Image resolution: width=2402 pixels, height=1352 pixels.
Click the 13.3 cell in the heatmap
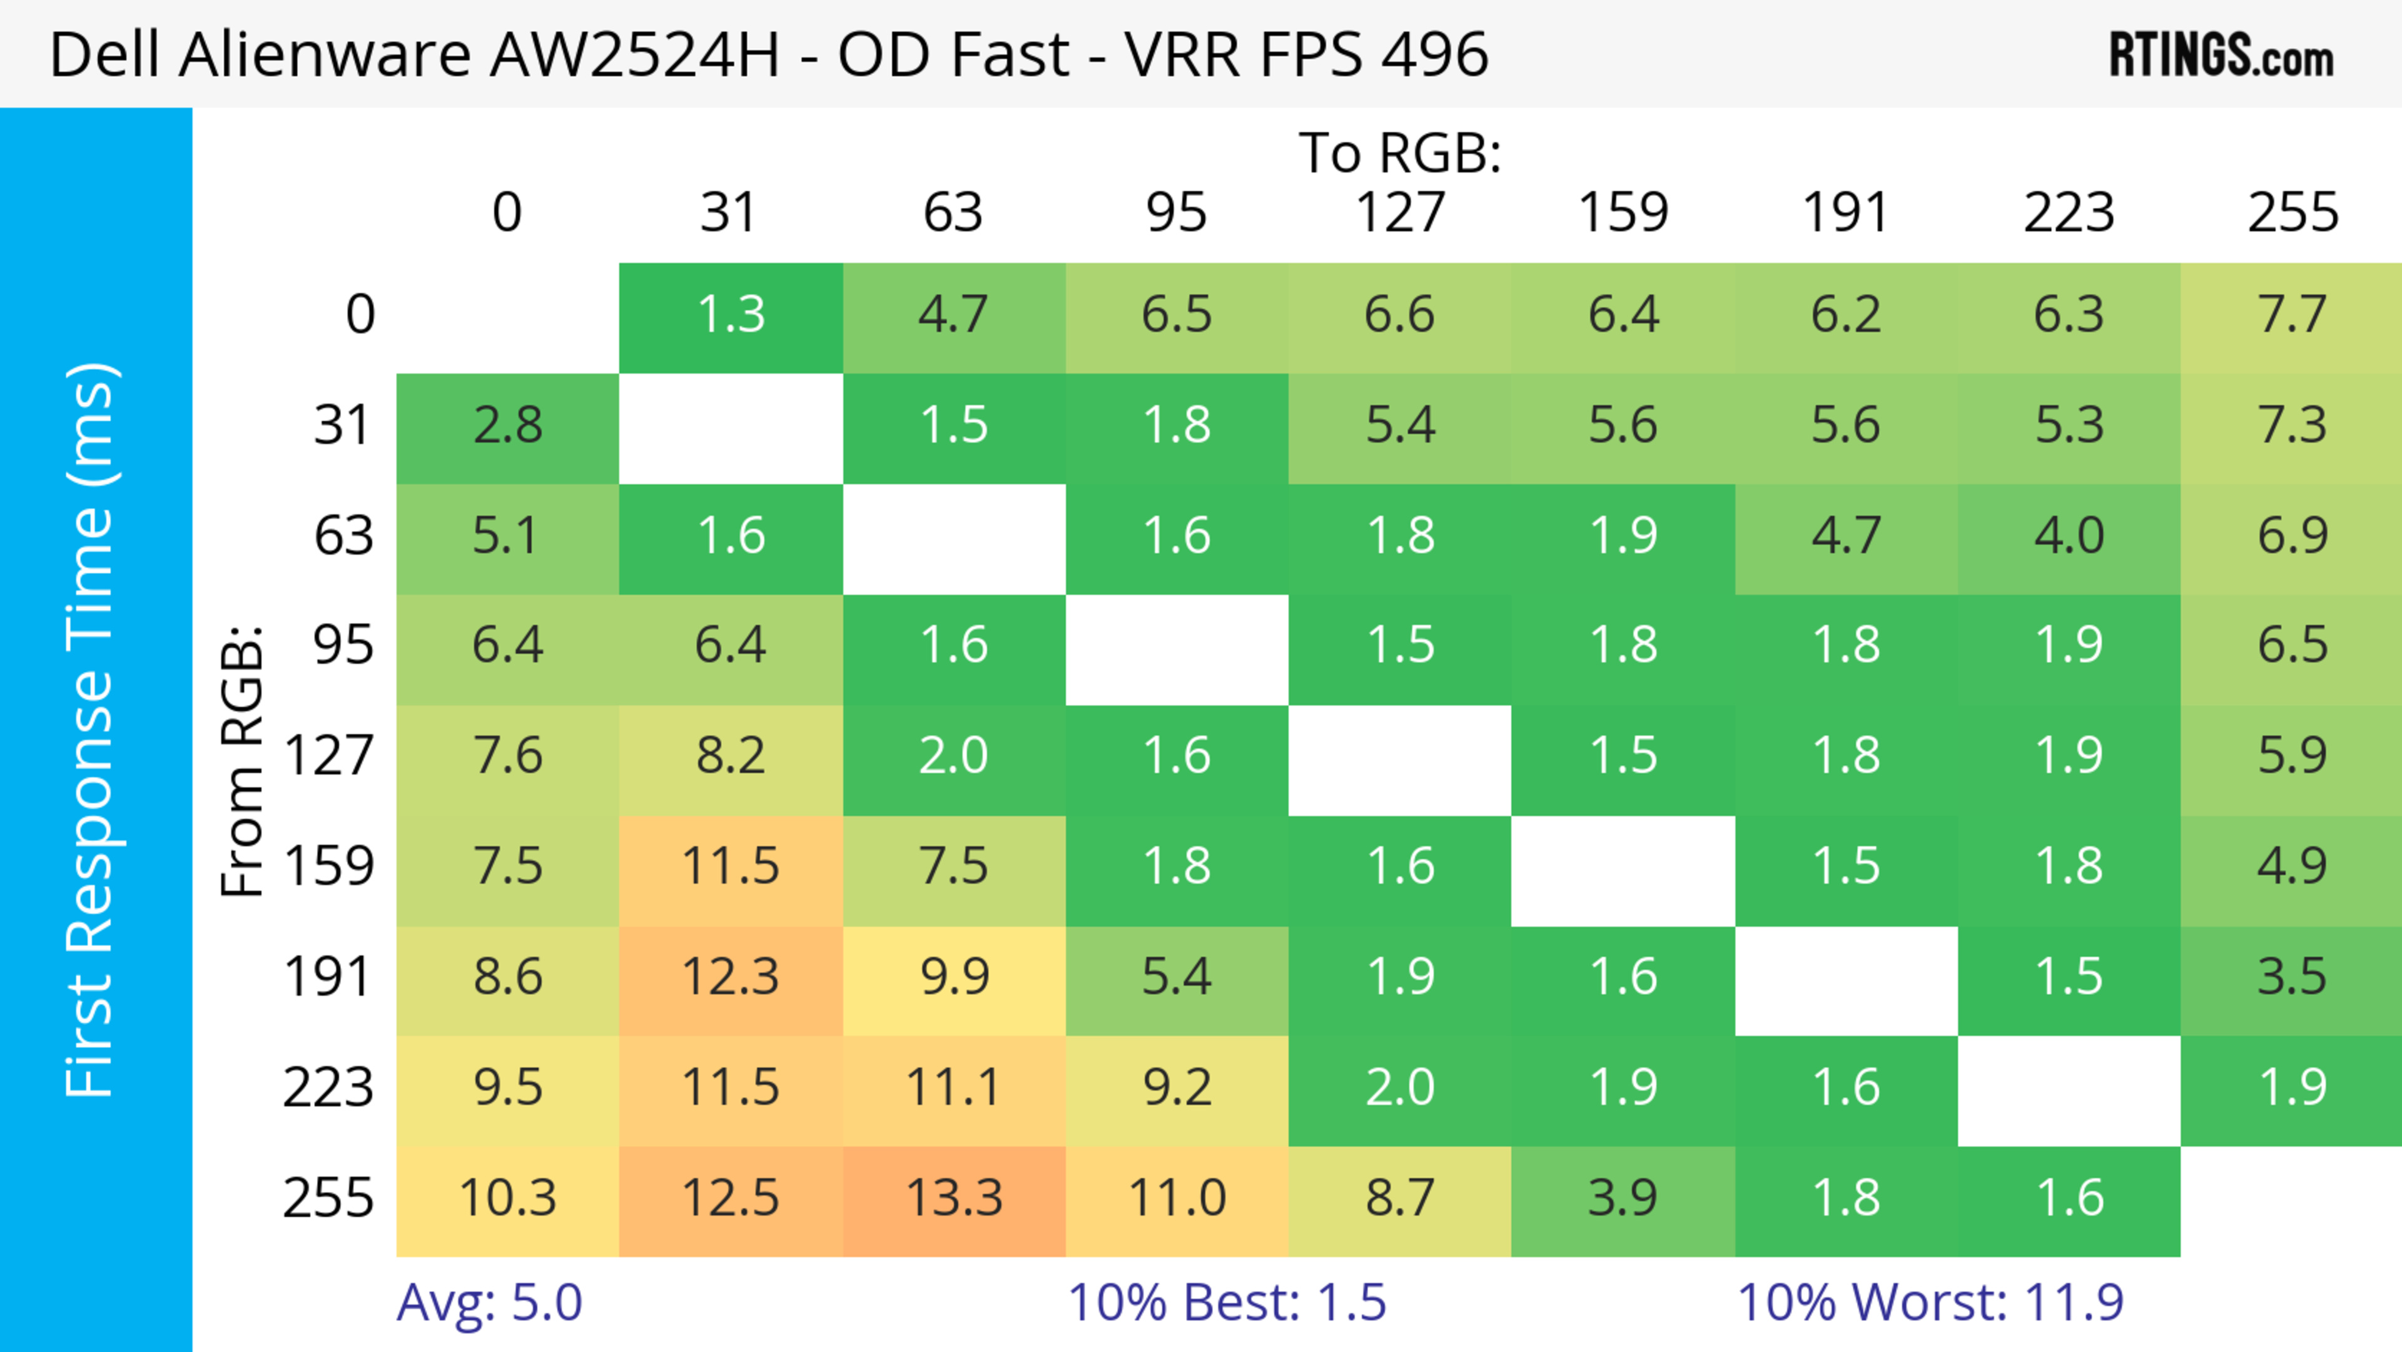(x=954, y=1198)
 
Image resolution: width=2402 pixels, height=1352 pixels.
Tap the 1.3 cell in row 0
(x=730, y=314)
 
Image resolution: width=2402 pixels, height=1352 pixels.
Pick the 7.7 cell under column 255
(x=2292, y=314)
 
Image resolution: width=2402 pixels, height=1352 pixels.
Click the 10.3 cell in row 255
(x=507, y=1198)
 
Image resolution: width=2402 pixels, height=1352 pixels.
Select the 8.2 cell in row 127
(x=730, y=755)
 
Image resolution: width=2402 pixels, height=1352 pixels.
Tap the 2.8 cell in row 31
(x=507, y=425)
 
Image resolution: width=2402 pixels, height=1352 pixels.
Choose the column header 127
(x=1400, y=213)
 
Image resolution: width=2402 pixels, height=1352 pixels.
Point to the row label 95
(x=343, y=645)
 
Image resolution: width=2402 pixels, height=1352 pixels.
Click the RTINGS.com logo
(x=2221, y=56)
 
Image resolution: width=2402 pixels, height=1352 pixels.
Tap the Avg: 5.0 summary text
(x=490, y=1303)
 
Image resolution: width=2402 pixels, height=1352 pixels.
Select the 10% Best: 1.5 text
(x=1226, y=1303)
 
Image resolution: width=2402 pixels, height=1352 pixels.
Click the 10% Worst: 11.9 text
(x=1930, y=1303)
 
